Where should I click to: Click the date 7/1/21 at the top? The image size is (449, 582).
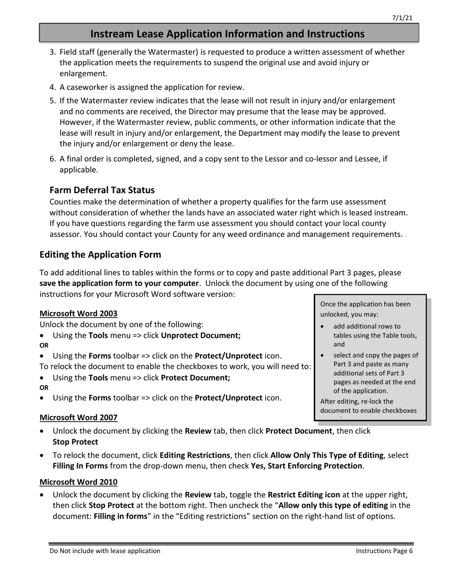402,18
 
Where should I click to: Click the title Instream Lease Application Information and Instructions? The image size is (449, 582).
227,34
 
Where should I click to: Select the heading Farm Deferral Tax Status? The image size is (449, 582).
102,190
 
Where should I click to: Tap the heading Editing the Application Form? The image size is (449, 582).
100,255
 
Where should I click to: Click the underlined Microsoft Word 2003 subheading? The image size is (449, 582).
78,313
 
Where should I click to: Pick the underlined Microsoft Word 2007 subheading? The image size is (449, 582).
78,417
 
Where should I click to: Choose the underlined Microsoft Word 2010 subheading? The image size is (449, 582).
78,482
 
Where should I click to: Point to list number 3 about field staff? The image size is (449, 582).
53,52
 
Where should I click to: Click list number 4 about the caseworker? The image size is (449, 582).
53,88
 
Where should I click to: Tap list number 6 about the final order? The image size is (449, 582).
53,159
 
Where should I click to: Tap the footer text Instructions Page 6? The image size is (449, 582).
384,551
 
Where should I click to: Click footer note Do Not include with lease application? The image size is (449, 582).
105,551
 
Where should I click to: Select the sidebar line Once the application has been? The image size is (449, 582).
365,304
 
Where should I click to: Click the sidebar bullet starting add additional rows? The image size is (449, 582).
367,326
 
